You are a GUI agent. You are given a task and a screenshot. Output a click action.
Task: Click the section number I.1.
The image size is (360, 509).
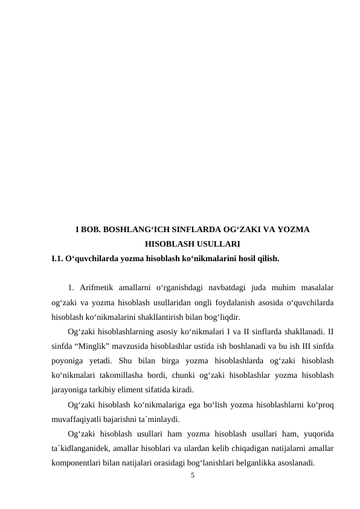click(x=59, y=259)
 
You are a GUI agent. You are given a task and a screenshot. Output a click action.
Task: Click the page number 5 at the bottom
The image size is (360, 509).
click(x=192, y=476)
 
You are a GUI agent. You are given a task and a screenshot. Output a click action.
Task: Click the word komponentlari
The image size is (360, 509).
click(x=77, y=463)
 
